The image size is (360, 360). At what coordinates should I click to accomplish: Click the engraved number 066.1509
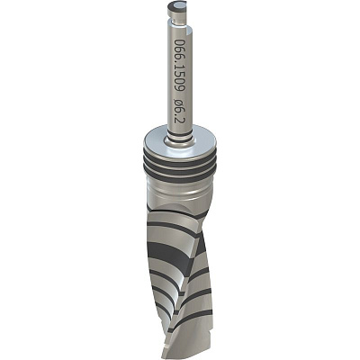[180, 65]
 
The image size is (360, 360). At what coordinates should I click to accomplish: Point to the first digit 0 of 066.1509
[179, 42]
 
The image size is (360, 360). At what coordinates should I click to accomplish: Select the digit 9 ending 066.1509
[180, 88]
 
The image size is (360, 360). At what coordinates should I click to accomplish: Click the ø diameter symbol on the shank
[180, 104]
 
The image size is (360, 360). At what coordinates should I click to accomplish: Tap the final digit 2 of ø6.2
[180, 121]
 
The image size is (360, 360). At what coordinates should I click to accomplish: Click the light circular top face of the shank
[178, 4]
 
